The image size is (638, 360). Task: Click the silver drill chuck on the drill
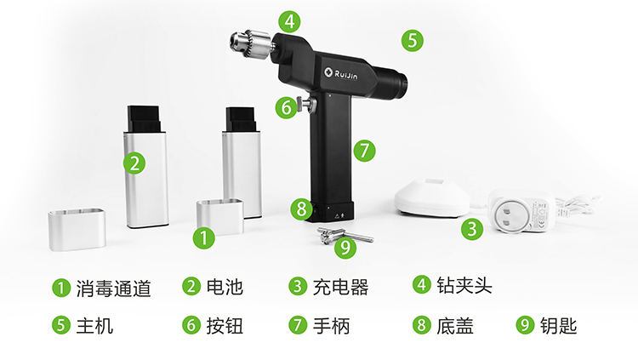click(250, 44)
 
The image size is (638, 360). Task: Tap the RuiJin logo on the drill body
click(341, 74)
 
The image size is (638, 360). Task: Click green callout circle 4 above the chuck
click(290, 21)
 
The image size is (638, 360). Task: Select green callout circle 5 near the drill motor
click(413, 40)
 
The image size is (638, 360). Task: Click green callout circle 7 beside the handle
click(364, 151)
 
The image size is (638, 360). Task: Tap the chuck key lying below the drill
click(345, 235)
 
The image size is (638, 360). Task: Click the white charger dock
click(432, 197)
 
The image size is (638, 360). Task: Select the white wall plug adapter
click(520, 210)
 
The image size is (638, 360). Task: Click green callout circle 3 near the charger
click(472, 228)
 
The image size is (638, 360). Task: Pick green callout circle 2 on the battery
click(134, 163)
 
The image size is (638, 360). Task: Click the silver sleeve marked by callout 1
click(220, 217)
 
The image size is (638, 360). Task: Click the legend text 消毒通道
click(113, 288)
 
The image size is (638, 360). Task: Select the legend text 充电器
click(340, 287)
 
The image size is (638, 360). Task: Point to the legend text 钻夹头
click(464, 285)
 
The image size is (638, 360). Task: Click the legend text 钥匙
click(559, 326)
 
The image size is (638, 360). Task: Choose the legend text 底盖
click(455, 326)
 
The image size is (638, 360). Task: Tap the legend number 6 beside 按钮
click(191, 325)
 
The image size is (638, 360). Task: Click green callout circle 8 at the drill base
click(301, 209)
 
